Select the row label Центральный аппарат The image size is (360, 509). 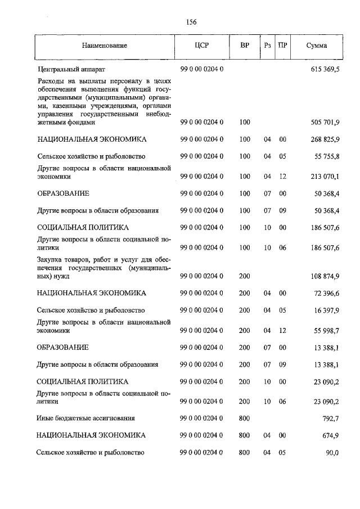click(x=67, y=69)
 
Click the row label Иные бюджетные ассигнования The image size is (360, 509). click(x=85, y=418)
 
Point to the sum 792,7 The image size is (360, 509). click(x=331, y=418)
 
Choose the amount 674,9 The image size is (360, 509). click(x=331, y=435)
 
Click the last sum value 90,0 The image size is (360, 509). click(x=332, y=453)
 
